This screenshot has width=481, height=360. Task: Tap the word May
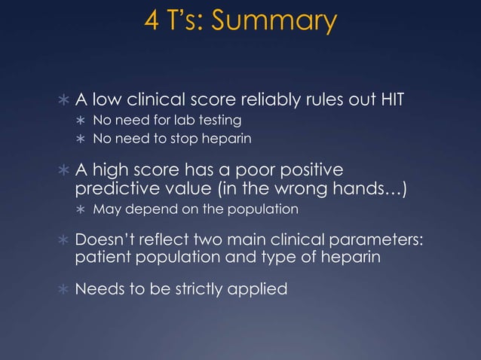point(106,209)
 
